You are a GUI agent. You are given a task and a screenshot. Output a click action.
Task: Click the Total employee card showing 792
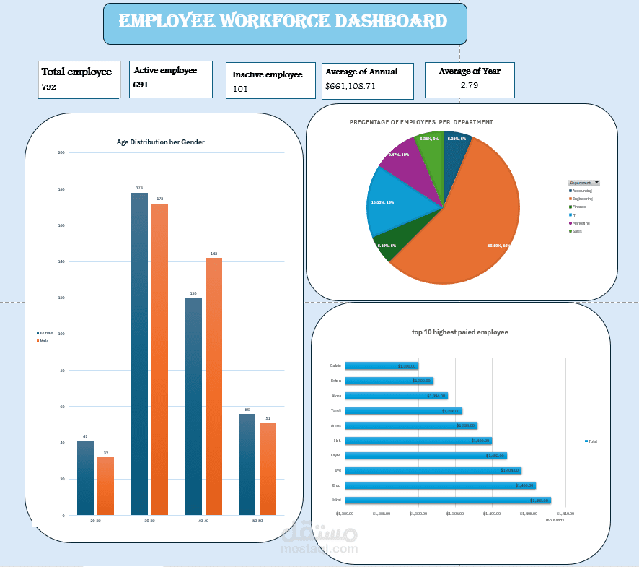[x=79, y=79]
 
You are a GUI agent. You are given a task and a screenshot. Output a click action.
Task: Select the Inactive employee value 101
[x=240, y=90]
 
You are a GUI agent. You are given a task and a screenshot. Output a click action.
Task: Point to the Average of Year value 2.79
[x=470, y=86]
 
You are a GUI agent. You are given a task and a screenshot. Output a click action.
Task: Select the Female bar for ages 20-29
[x=85, y=477]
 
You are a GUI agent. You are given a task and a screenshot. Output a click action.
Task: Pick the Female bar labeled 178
[x=139, y=353]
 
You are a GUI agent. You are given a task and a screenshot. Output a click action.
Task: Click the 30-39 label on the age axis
[x=149, y=521]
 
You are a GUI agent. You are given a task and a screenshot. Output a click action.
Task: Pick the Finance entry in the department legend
[x=579, y=207]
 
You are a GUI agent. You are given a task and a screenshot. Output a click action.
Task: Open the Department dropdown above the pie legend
[x=584, y=183]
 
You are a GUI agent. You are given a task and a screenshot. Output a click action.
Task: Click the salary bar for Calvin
[x=382, y=365]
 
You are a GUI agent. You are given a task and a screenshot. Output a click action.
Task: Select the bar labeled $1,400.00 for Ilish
[x=418, y=441]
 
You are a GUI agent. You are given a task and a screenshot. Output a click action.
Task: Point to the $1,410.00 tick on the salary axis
[x=564, y=514]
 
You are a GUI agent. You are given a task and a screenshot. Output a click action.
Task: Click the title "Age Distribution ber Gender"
[x=160, y=142]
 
